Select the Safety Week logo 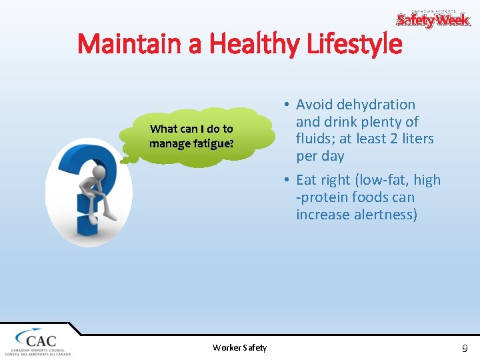coord(433,19)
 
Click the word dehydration coord(376,105)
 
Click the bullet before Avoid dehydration coord(285,105)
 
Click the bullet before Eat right coord(285,180)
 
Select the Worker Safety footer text coord(239,347)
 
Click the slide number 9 coord(465,347)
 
